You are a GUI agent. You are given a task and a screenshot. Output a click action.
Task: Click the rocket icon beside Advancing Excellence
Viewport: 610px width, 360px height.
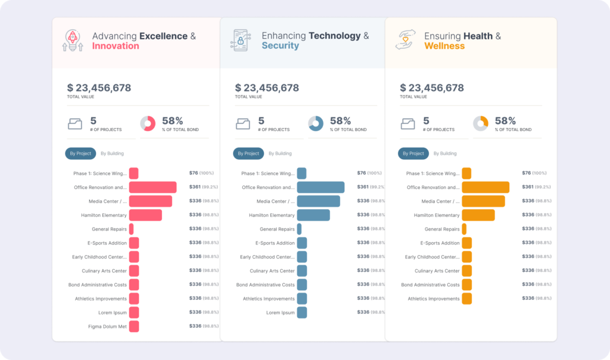pos(73,41)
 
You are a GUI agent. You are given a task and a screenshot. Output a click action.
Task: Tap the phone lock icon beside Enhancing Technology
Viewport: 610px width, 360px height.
pos(240,41)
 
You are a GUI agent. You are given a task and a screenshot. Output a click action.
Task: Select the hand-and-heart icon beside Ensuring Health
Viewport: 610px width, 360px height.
pos(406,40)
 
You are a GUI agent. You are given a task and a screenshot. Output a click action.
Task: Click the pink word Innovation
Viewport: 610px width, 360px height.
pos(116,46)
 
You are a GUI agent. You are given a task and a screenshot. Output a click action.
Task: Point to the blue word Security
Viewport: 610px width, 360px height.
pos(280,46)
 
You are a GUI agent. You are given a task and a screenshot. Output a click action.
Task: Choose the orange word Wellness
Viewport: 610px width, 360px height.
pos(444,46)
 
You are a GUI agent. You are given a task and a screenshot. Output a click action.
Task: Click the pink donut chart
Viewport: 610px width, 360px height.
pos(148,124)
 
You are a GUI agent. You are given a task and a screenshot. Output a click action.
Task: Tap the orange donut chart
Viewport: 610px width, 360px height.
pos(481,124)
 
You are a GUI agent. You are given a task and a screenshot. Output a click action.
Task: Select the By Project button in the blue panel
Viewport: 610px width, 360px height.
pos(248,154)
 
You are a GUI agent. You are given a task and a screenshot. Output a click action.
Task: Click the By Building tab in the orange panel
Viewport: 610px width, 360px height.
pos(445,154)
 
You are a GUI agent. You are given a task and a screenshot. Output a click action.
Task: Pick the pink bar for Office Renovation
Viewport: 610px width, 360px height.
pos(152,187)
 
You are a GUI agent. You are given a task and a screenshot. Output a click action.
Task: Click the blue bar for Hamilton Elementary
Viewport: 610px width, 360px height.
pos(313,215)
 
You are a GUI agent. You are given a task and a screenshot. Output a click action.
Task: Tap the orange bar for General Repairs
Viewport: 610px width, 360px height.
pos(464,229)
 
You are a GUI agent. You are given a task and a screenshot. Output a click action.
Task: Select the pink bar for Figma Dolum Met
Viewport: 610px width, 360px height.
pos(134,327)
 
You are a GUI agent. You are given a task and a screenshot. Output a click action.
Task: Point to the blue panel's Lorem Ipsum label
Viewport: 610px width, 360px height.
pos(280,312)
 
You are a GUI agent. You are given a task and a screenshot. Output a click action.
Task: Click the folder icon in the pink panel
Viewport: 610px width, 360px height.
pos(75,124)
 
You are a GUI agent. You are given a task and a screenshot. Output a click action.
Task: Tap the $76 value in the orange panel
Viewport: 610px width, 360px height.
pos(526,173)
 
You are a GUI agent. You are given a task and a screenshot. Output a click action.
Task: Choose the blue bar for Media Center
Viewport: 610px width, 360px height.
pos(318,201)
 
